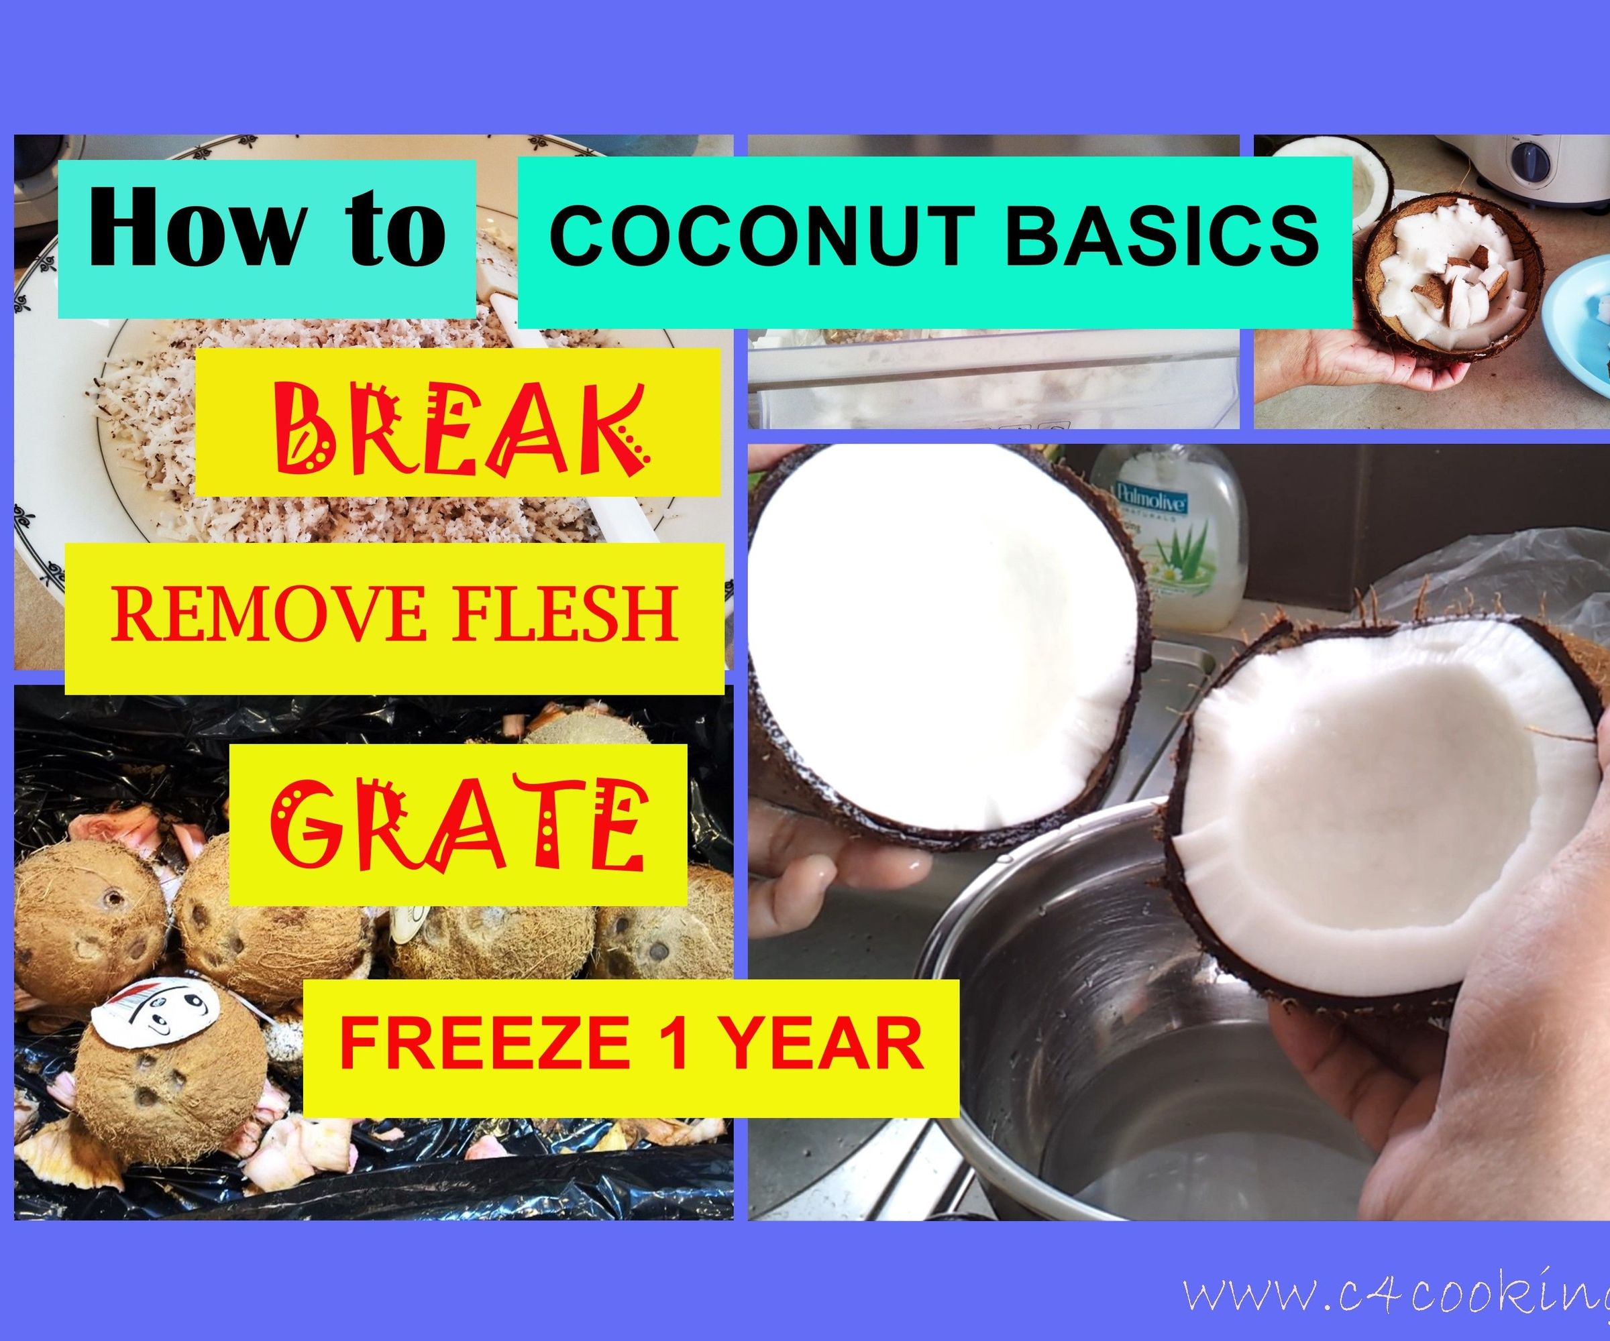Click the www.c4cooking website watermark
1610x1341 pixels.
(1395, 1294)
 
